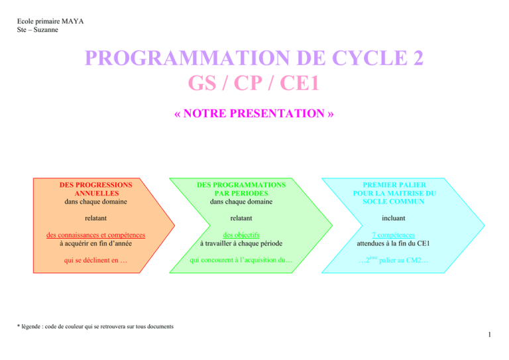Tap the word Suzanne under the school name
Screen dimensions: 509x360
click(46, 30)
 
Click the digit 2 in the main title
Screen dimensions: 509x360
click(418, 58)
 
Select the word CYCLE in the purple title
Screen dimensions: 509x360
click(369, 58)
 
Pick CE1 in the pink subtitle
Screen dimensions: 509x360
click(300, 83)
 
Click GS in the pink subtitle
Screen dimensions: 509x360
click(202, 83)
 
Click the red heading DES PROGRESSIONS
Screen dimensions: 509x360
click(95, 185)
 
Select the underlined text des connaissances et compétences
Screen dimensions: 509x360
click(95, 235)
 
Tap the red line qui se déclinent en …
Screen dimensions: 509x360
click(95, 261)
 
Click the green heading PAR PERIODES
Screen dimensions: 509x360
click(241, 194)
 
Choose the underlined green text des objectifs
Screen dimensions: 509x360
click(241, 235)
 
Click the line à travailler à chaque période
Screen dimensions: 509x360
click(241, 243)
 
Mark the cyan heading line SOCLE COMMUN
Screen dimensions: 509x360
click(394, 202)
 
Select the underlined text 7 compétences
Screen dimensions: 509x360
click(394, 235)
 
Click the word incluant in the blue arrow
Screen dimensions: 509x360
click(394, 218)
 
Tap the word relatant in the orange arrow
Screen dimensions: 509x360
click(95, 218)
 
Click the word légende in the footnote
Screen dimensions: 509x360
click(31, 327)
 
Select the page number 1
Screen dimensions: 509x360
click(490, 335)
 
